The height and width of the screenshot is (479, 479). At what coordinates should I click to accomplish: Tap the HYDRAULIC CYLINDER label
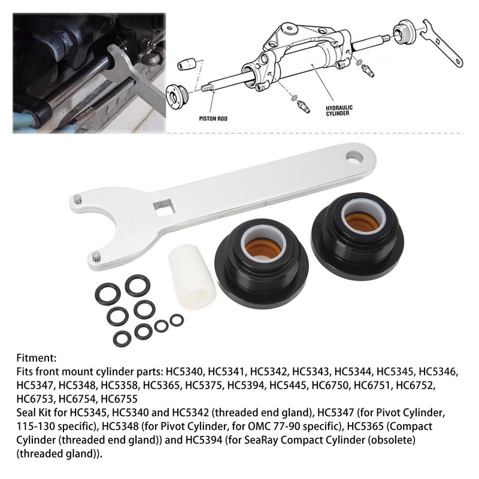(x=339, y=111)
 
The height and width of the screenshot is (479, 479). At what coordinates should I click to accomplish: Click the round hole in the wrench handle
(x=354, y=157)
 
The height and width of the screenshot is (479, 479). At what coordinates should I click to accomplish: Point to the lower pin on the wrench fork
(x=96, y=257)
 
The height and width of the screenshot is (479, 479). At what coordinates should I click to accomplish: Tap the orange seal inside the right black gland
(x=361, y=221)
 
